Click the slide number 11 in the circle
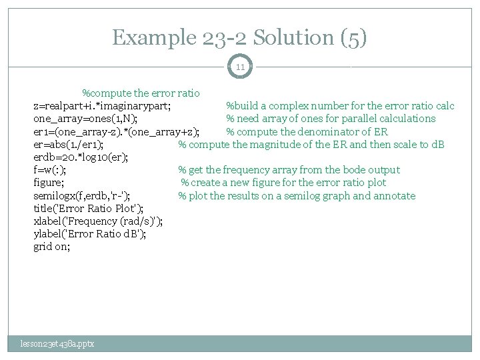240,67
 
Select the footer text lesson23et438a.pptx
57,343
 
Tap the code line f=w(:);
49,170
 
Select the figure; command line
49,183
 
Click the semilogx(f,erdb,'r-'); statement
82,196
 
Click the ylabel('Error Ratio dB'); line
90,234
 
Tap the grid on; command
51,247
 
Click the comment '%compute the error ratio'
141,93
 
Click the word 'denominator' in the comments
321,131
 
